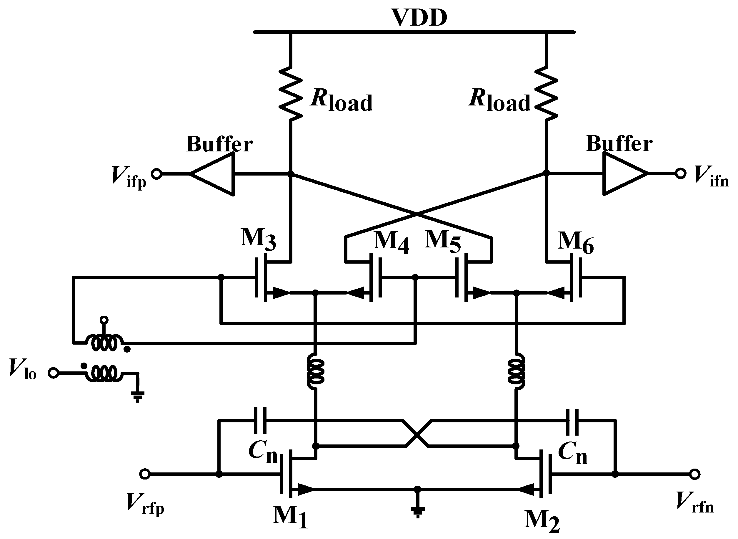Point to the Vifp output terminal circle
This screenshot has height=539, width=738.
[157, 174]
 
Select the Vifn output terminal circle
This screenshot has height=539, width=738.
[680, 173]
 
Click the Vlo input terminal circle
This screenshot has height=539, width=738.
[54, 373]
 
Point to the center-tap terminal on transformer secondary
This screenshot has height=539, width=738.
[104, 320]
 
